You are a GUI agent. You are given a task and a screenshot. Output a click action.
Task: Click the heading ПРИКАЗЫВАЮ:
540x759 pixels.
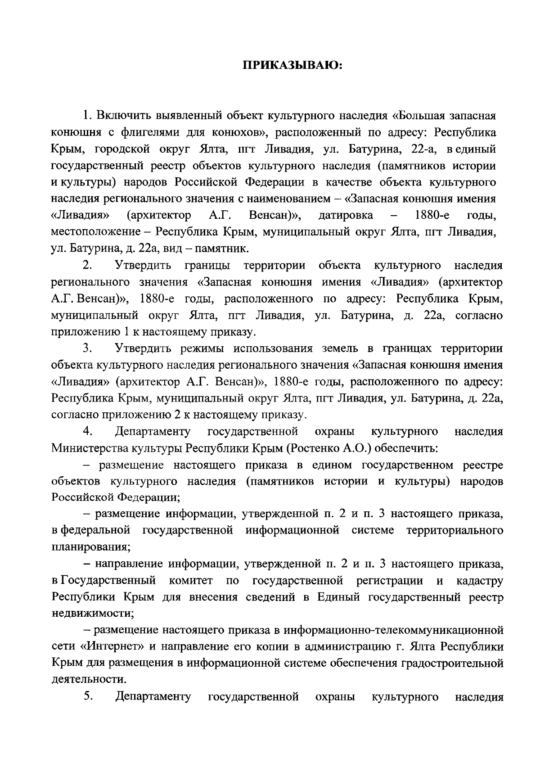[x=293, y=66]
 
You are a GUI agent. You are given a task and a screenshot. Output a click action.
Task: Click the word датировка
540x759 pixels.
[x=346, y=215]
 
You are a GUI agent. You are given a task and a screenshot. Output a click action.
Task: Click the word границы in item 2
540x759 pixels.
[x=207, y=266]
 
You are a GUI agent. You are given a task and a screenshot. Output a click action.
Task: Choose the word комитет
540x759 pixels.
[x=191, y=581]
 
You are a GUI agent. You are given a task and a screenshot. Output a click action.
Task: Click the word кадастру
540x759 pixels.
[x=479, y=581]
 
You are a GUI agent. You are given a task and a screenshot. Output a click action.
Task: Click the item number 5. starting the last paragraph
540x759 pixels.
[x=88, y=697]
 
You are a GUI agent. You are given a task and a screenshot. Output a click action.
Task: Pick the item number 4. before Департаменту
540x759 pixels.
[x=88, y=432]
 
